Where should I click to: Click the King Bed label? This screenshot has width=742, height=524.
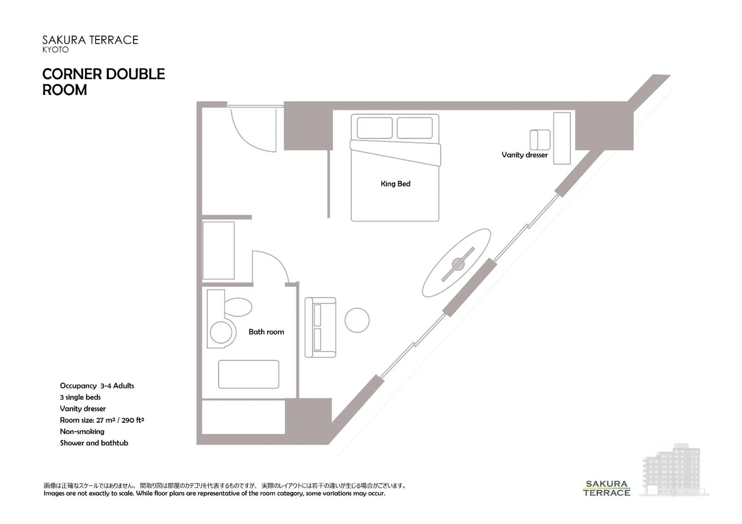[x=395, y=184]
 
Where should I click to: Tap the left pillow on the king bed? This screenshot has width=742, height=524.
[x=375, y=128]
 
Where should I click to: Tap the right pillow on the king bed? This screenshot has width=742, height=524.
[x=415, y=128]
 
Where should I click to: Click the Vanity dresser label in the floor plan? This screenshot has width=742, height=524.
[x=524, y=155]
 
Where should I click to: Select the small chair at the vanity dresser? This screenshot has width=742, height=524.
[x=540, y=140]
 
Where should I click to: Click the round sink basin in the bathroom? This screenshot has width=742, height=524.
[x=221, y=332]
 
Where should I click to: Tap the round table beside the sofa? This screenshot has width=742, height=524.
[x=357, y=320]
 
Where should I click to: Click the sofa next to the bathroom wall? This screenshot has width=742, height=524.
[x=320, y=327]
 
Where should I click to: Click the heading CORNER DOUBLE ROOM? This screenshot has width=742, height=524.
[x=103, y=82]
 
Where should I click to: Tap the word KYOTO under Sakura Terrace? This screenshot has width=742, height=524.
[x=56, y=50]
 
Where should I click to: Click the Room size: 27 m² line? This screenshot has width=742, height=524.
[x=102, y=420]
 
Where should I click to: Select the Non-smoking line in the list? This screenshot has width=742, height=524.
[x=82, y=432]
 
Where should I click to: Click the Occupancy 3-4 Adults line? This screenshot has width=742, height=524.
[x=97, y=386]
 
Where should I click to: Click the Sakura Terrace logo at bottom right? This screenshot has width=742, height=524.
[x=606, y=488]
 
